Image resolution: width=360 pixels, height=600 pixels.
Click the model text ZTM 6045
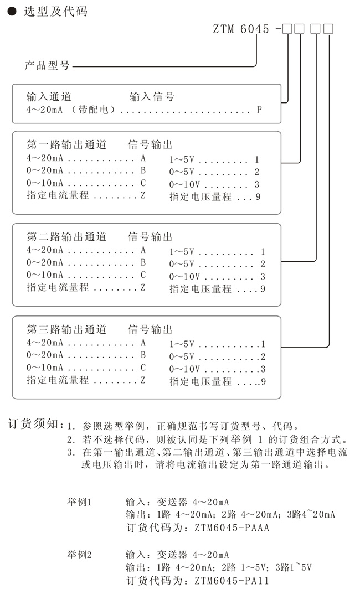point(241,29)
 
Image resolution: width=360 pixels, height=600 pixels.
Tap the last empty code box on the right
point(327,29)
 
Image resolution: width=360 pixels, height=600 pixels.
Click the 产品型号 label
point(47,65)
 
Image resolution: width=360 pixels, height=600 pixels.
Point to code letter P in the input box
point(259,110)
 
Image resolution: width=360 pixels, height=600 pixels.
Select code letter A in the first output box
point(142,158)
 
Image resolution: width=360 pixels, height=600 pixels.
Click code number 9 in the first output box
point(258,196)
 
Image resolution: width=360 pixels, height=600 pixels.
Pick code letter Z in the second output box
point(143,288)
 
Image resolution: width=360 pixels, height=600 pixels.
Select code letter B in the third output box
point(143,355)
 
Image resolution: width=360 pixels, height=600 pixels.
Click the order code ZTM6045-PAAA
point(232,527)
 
